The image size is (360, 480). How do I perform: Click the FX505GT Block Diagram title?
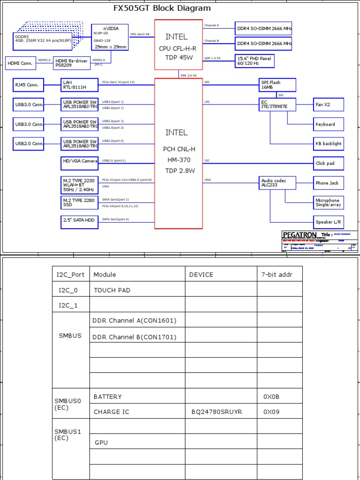click(162, 8)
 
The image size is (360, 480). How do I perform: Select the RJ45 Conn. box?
click(29, 85)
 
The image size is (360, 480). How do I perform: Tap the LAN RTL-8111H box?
click(80, 85)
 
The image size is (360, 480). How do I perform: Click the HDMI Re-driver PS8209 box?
click(72, 62)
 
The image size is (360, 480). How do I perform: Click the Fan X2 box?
click(328, 105)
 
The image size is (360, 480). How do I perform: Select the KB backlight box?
click(328, 144)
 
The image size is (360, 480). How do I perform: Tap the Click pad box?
click(328, 164)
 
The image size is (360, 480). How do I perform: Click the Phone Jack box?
click(328, 183)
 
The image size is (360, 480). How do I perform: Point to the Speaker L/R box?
click(328, 221)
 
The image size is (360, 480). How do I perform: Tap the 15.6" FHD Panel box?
click(255, 61)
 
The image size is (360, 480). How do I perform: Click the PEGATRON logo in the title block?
click(300, 234)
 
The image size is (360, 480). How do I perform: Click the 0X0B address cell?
click(271, 397)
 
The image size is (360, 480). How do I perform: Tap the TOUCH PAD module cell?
click(112, 290)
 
